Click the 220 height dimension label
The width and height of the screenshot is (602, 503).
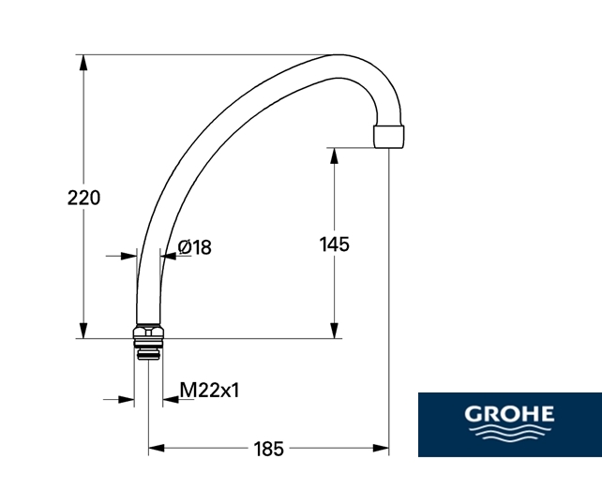point(83,198)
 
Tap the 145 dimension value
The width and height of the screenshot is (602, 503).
point(335,244)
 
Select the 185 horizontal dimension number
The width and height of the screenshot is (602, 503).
point(269,449)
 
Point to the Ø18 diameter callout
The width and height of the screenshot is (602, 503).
point(195,247)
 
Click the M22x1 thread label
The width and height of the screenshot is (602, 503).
point(210,391)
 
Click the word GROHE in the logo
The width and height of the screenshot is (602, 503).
point(509,414)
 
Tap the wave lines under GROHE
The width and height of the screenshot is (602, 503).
point(509,431)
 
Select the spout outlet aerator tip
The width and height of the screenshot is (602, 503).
point(388,137)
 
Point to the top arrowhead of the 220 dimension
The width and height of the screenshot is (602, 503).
point(83,63)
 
